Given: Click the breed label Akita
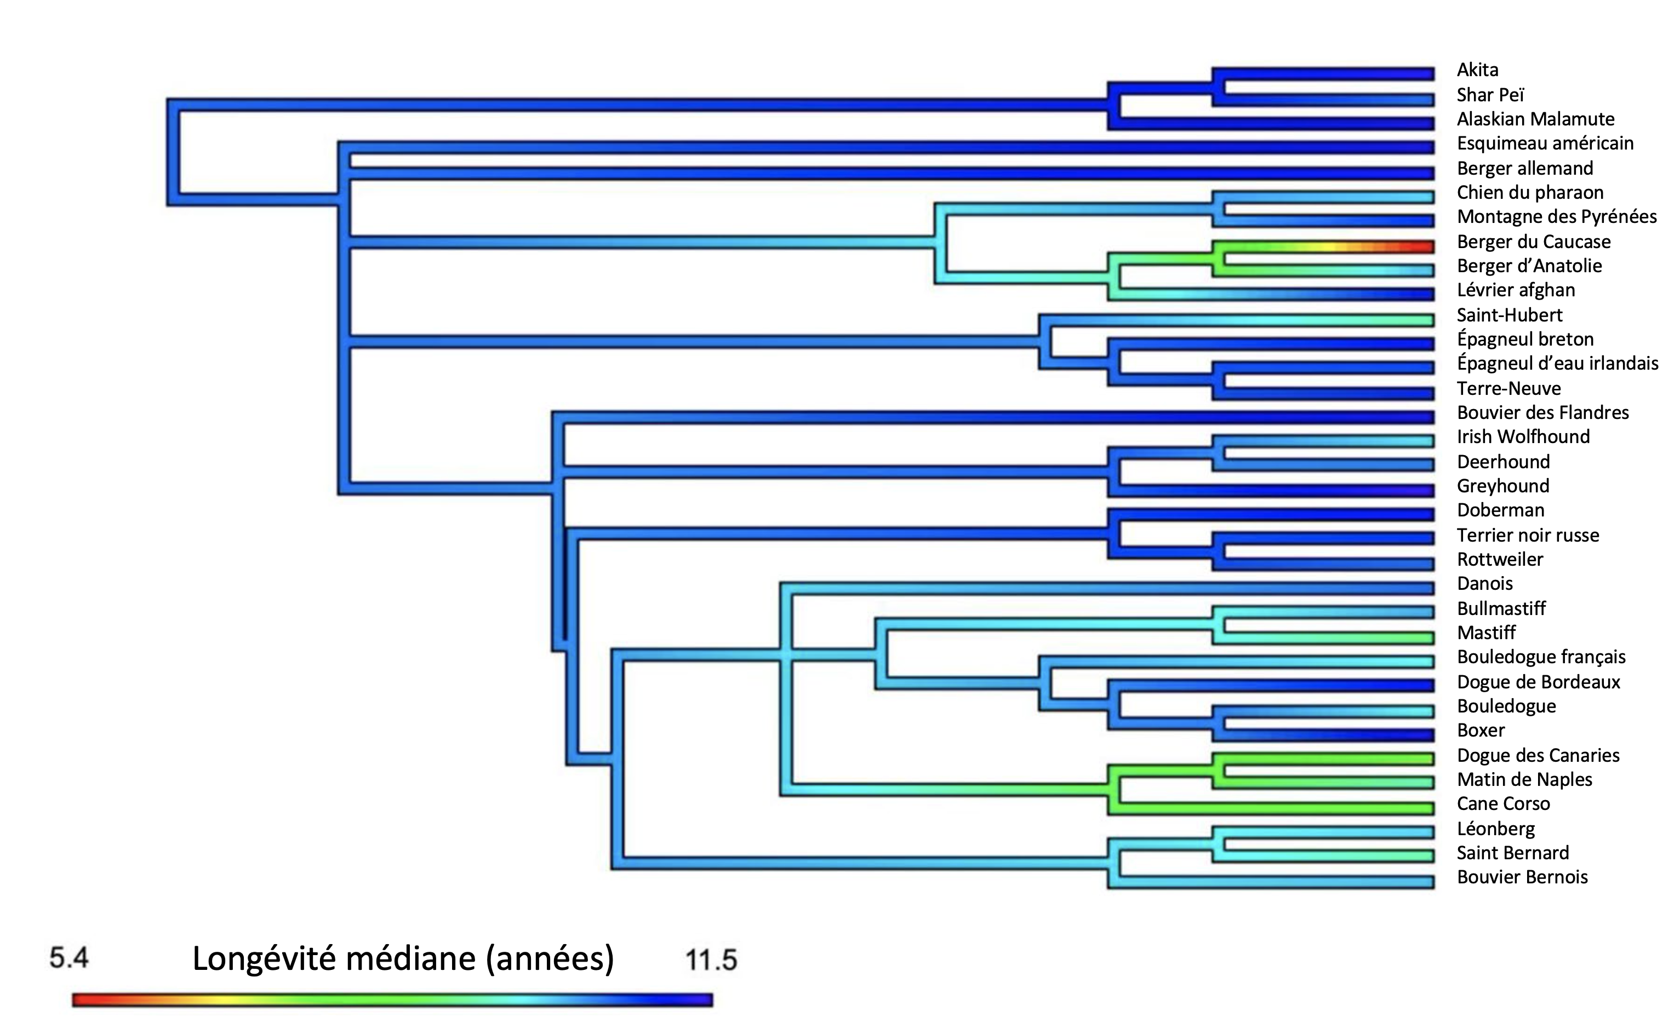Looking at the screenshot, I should click(1477, 70).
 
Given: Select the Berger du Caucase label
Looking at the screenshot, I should click(1533, 242).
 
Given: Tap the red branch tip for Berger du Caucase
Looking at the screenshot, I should click(1421, 247).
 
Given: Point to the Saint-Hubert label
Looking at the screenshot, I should click(1509, 315).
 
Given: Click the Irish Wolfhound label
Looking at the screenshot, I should click(1523, 437).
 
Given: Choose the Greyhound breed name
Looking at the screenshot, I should click(1502, 486).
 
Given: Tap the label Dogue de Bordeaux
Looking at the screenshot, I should click(1538, 682).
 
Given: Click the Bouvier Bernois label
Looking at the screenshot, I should click(1522, 877).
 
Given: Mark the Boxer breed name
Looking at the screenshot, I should click(1481, 731).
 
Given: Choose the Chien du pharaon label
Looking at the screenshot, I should click(1530, 193).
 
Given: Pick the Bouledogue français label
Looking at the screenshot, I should click(1541, 657).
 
